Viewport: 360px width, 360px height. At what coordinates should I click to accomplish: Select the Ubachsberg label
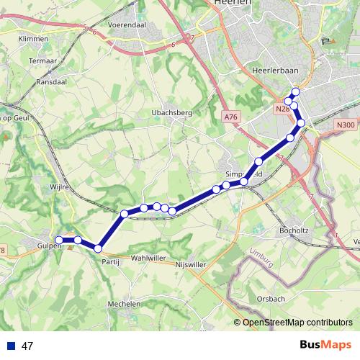tap(170, 112)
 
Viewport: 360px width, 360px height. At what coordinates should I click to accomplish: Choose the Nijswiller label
tap(191, 264)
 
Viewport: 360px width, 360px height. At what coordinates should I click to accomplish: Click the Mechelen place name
tap(124, 304)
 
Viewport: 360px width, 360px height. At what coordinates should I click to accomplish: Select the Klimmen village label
tap(34, 38)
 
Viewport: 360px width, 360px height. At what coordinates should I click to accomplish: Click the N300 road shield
tap(346, 125)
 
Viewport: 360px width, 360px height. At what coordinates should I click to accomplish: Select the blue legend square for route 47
tap(11, 346)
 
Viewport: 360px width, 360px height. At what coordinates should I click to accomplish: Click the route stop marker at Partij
tap(99, 249)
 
